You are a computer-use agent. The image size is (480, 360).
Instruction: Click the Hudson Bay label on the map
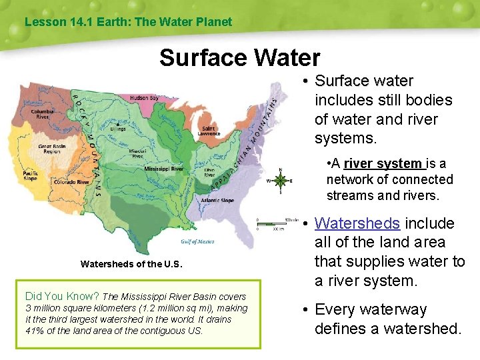click(x=144, y=98)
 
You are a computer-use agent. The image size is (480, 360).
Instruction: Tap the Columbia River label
click(x=42, y=114)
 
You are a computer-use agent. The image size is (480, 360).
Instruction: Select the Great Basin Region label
click(x=52, y=148)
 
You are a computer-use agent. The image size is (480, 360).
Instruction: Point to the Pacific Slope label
click(x=30, y=175)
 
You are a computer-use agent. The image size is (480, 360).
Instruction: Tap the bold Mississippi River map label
click(x=163, y=169)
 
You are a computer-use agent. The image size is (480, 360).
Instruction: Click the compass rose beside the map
click(x=281, y=181)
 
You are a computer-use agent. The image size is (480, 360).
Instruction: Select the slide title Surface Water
click(x=239, y=58)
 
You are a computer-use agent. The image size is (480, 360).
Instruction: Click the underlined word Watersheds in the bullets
click(x=357, y=223)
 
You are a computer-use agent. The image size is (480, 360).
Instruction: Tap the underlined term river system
click(x=382, y=163)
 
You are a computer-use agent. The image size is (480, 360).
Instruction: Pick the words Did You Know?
click(x=62, y=296)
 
